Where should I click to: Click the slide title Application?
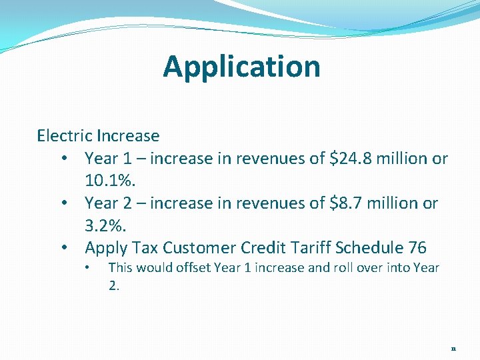click(x=241, y=67)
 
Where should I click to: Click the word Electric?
click(x=64, y=136)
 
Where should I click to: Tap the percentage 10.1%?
click(x=107, y=181)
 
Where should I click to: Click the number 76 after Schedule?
click(x=417, y=248)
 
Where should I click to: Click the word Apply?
click(x=106, y=249)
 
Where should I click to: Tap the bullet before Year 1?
click(x=64, y=159)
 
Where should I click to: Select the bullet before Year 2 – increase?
click(x=64, y=204)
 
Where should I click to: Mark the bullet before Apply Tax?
click(x=64, y=249)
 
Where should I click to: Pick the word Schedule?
click(x=369, y=248)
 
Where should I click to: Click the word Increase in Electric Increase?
click(x=128, y=136)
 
